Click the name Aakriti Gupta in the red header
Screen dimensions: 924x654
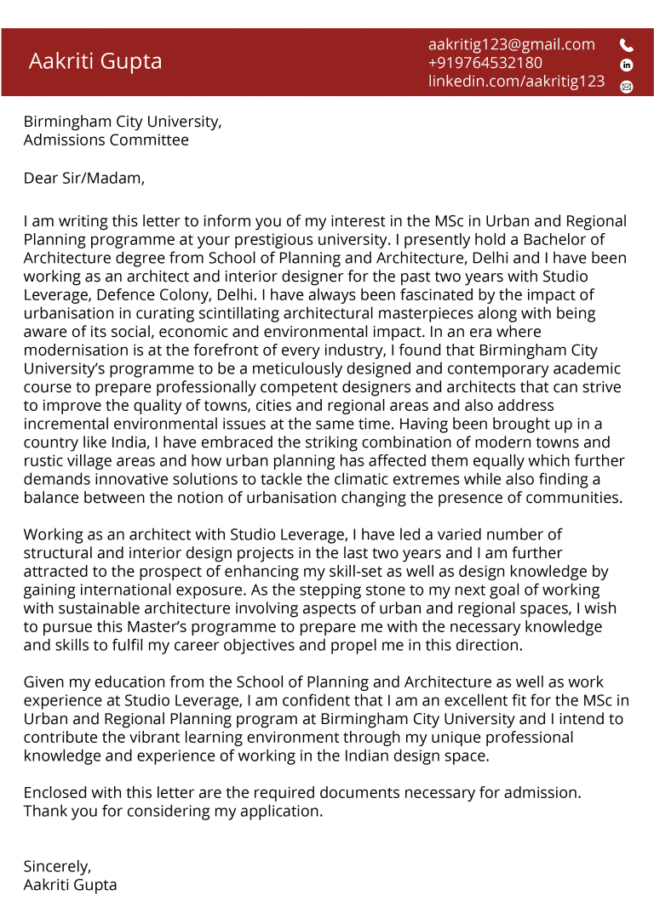click(x=95, y=61)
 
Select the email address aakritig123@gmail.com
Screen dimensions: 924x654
click(x=511, y=44)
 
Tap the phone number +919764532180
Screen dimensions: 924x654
click(x=485, y=63)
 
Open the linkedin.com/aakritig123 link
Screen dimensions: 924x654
click(x=516, y=82)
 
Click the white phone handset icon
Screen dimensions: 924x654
click(x=627, y=45)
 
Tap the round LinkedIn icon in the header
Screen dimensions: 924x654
click(x=627, y=65)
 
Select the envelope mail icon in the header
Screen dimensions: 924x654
click(x=627, y=86)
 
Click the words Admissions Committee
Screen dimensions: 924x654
click(x=106, y=140)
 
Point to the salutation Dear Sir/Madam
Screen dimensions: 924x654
click(x=83, y=178)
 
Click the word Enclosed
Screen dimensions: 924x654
click(x=55, y=793)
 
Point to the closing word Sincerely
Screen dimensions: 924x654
click(x=57, y=866)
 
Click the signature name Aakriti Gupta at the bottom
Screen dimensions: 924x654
click(x=70, y=885)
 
